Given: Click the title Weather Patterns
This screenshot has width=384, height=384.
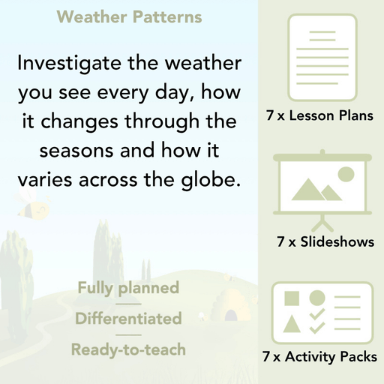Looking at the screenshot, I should tap(129, 16).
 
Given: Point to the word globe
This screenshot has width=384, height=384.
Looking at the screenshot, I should tap(209, 180).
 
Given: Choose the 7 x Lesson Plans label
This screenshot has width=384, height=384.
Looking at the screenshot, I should tap(319, 116).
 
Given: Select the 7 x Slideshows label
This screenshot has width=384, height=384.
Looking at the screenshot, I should tap(325, 242).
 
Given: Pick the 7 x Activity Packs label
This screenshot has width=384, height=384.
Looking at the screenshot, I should tap(319, 357).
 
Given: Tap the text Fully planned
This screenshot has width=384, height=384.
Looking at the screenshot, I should tap(128, 288).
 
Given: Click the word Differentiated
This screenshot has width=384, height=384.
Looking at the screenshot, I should tap(128, 318).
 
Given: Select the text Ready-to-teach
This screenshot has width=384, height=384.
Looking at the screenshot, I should tap(128, 349).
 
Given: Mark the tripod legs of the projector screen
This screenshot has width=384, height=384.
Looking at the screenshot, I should tap(322, 223).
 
